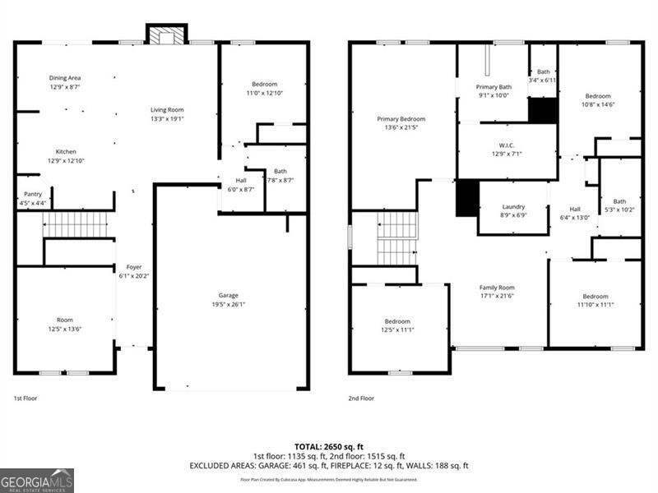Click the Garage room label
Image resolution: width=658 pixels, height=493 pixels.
[x=228, y=295]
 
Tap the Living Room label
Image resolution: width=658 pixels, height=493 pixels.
[x=166, y=109]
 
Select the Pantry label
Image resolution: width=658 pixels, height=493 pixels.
[x=32, y=194]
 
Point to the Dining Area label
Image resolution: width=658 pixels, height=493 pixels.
[x=64, y=78]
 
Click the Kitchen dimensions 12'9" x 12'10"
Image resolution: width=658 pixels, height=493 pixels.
[x=66, y=160]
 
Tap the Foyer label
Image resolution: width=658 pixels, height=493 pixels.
[x=133, y=267]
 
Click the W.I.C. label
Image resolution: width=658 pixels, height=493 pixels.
[x=506, y=145]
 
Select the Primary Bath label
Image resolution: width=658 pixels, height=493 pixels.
[x=493, y=86]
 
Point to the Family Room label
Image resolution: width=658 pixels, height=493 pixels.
[x=496, y=288]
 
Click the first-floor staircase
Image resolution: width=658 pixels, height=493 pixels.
[x=76, y=224]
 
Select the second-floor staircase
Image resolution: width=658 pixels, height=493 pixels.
[x=397, y=238]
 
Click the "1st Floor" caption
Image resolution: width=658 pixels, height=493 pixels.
[x=25, y=398]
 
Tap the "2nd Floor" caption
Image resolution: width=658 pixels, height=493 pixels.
[x=361, y=398]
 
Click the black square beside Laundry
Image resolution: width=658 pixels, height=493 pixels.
[x=467, y=198]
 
